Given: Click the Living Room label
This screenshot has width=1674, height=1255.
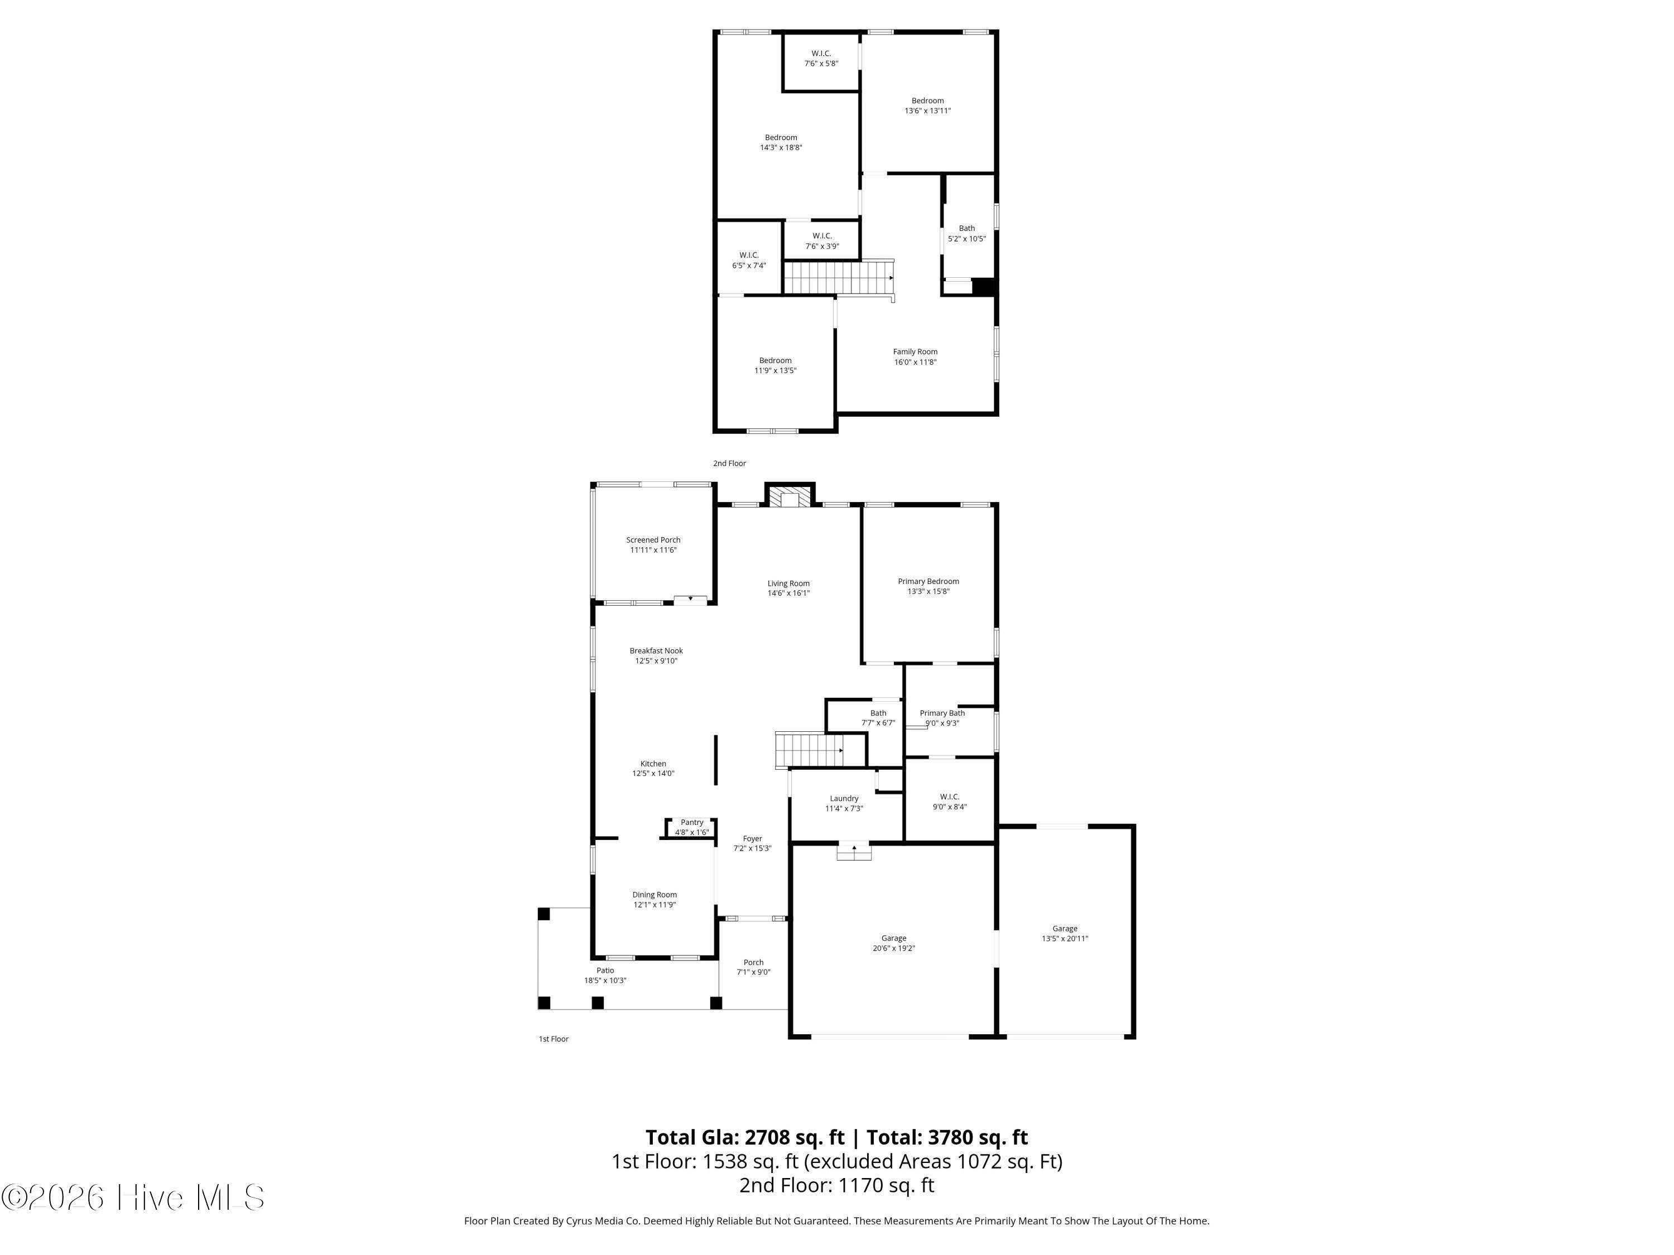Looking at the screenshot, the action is tap(788, 583).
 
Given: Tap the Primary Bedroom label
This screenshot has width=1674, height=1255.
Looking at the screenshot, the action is tap(929, 581).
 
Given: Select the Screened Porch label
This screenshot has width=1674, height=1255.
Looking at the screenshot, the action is tap(653, 539).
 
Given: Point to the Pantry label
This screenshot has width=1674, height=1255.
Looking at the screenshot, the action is tap(692, 822).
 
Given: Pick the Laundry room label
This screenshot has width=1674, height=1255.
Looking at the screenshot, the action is tap(844, 798).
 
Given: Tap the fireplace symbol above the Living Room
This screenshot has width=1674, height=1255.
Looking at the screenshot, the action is tap(790, 497).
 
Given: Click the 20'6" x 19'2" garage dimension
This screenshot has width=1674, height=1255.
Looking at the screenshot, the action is tap(894, 948).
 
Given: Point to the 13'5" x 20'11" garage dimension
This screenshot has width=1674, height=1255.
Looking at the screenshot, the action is tap(1065, 938).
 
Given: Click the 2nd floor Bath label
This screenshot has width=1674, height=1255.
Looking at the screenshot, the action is tap(967, 228).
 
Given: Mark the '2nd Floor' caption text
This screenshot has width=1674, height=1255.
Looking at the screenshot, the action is tap(729, 463).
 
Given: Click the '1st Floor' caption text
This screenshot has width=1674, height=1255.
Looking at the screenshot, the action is tap(553, 1039).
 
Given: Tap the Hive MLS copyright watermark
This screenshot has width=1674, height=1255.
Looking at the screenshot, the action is tap(133, 1198).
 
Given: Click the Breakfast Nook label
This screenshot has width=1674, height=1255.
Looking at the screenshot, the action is tap(656, 650).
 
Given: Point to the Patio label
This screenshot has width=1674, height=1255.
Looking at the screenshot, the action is tap(605, 970).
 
